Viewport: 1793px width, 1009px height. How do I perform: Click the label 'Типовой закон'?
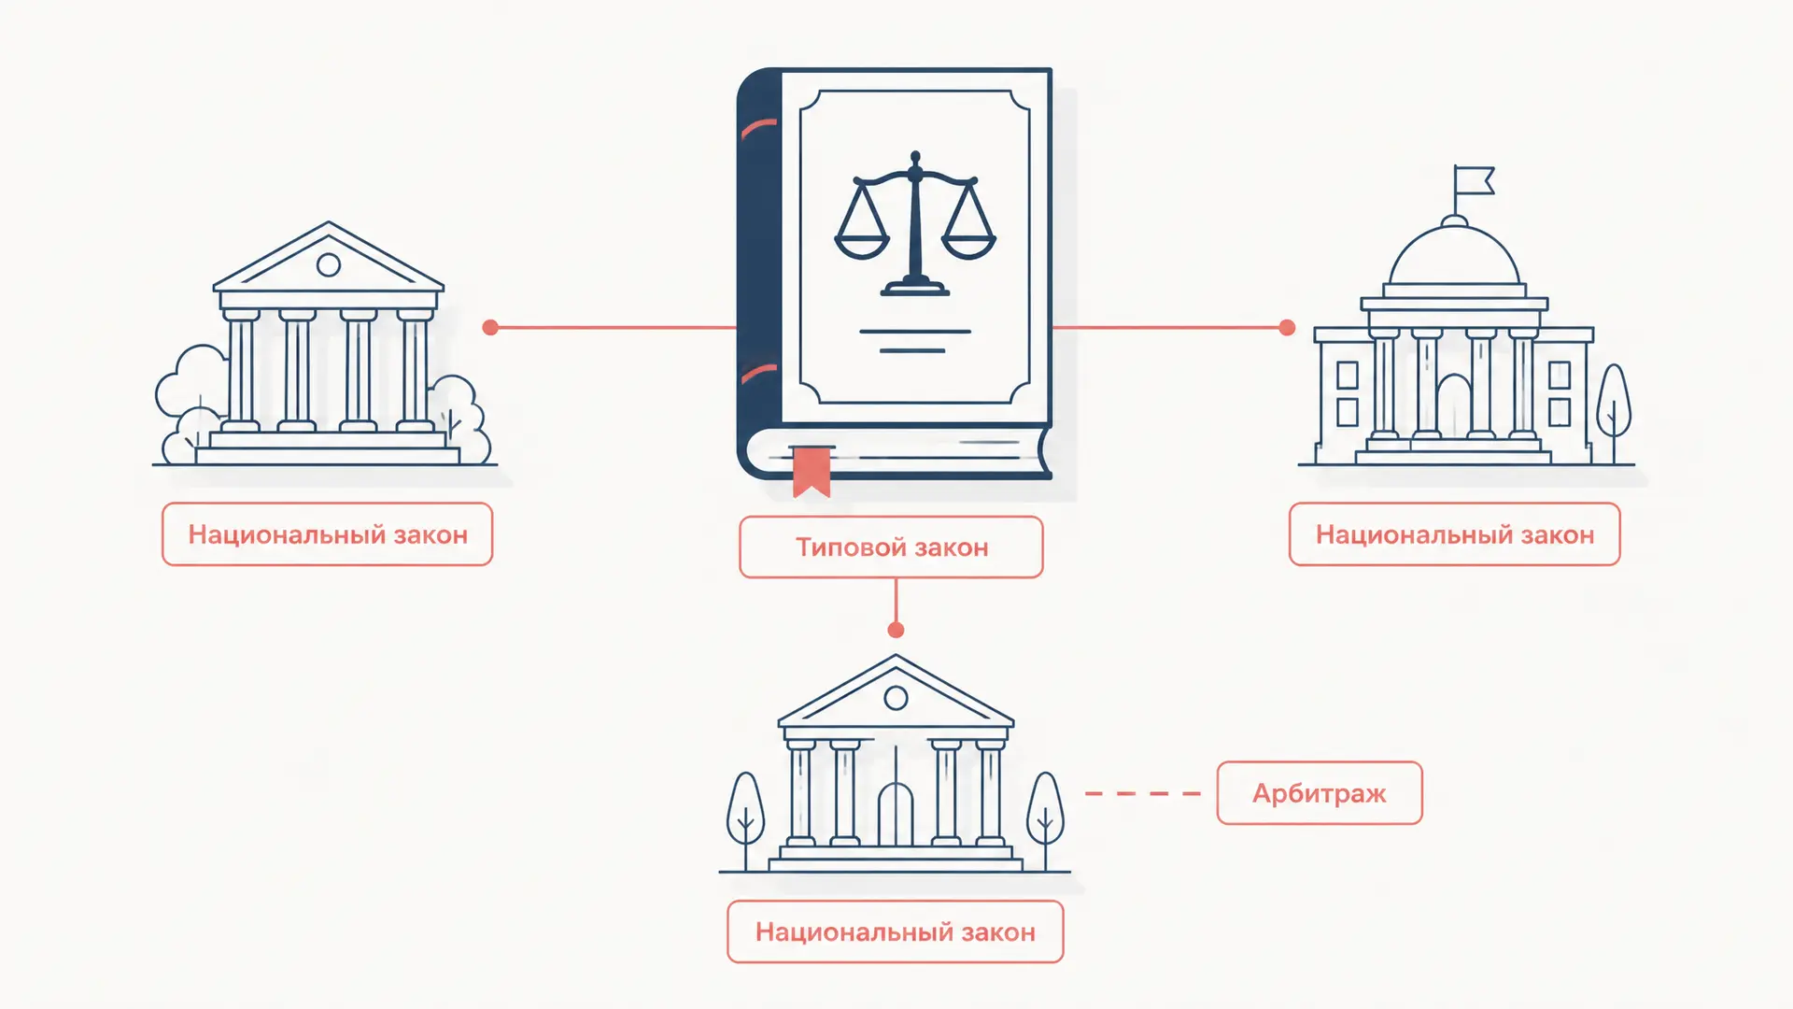coord(891,547)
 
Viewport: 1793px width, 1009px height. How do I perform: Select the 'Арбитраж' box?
coord(1320,793)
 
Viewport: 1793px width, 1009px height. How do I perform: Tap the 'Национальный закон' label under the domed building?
coord(1455,534)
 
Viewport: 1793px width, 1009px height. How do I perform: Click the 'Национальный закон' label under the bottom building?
coord(896,931)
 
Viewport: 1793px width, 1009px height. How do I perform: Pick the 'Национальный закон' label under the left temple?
coord(328,534)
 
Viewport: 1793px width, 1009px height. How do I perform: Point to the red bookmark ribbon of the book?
coord(812,471)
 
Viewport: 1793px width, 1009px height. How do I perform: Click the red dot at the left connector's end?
coord(490,327)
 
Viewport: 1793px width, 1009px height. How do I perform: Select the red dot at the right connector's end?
coord(1287,327)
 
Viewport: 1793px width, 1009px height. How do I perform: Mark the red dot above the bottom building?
coord(896,630)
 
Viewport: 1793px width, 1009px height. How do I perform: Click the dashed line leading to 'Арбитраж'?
coord(1143,793)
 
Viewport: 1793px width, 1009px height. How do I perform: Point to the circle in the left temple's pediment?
coord(329,264)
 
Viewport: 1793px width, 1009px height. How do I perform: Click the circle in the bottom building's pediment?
coord(896,697)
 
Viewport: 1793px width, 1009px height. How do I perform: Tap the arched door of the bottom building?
coord(896,814)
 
